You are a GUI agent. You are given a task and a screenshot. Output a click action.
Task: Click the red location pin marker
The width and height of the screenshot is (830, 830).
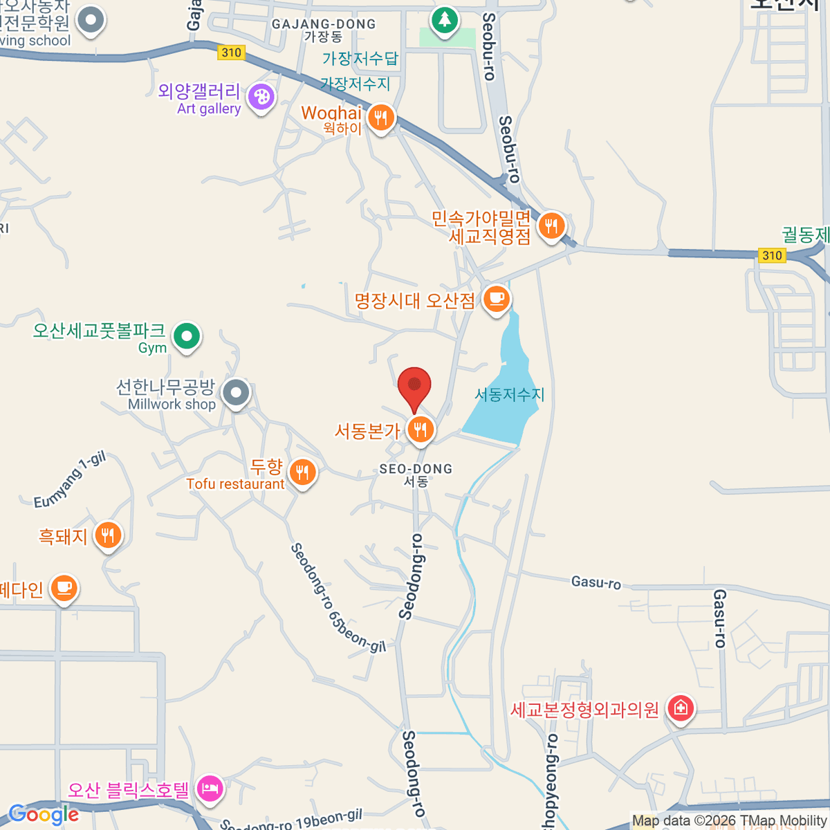[414, 387]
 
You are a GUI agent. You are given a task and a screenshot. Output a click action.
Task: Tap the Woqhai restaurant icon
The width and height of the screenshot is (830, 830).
[380, 118]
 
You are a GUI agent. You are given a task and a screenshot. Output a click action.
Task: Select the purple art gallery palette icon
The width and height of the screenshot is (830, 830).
[261, 98]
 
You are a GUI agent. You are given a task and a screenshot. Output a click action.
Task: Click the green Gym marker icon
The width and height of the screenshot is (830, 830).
[186, 337]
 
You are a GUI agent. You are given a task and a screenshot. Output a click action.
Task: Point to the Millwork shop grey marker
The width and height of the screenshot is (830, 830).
[237, 393]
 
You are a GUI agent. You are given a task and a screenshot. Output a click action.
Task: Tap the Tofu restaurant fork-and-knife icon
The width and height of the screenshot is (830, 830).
[302, 473]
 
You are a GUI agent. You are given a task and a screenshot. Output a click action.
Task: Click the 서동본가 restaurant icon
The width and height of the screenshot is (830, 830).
[420, 430]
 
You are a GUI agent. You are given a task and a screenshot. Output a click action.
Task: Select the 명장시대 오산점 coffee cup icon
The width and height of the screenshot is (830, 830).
[495, 299]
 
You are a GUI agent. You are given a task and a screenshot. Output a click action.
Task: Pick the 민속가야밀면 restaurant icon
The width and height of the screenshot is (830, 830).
[551, 225]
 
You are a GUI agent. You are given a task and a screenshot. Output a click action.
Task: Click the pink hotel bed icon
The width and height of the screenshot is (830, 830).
[210, 788]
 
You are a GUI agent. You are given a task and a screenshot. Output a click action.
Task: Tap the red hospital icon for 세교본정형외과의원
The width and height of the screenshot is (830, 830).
[681, 708]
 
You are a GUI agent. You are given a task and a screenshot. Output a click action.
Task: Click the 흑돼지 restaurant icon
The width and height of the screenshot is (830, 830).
[107, 535]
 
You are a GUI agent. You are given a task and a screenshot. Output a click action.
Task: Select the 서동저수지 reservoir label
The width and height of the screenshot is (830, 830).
[510, 394]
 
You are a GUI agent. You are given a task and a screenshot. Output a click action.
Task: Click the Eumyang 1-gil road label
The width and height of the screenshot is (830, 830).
[70, 479]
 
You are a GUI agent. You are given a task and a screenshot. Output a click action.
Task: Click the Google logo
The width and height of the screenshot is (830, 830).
[44, 815]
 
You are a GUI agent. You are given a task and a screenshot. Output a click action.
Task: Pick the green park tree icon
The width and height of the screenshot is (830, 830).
[444, 20]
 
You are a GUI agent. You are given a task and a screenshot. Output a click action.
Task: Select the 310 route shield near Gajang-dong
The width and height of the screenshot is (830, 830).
[231, 53]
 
